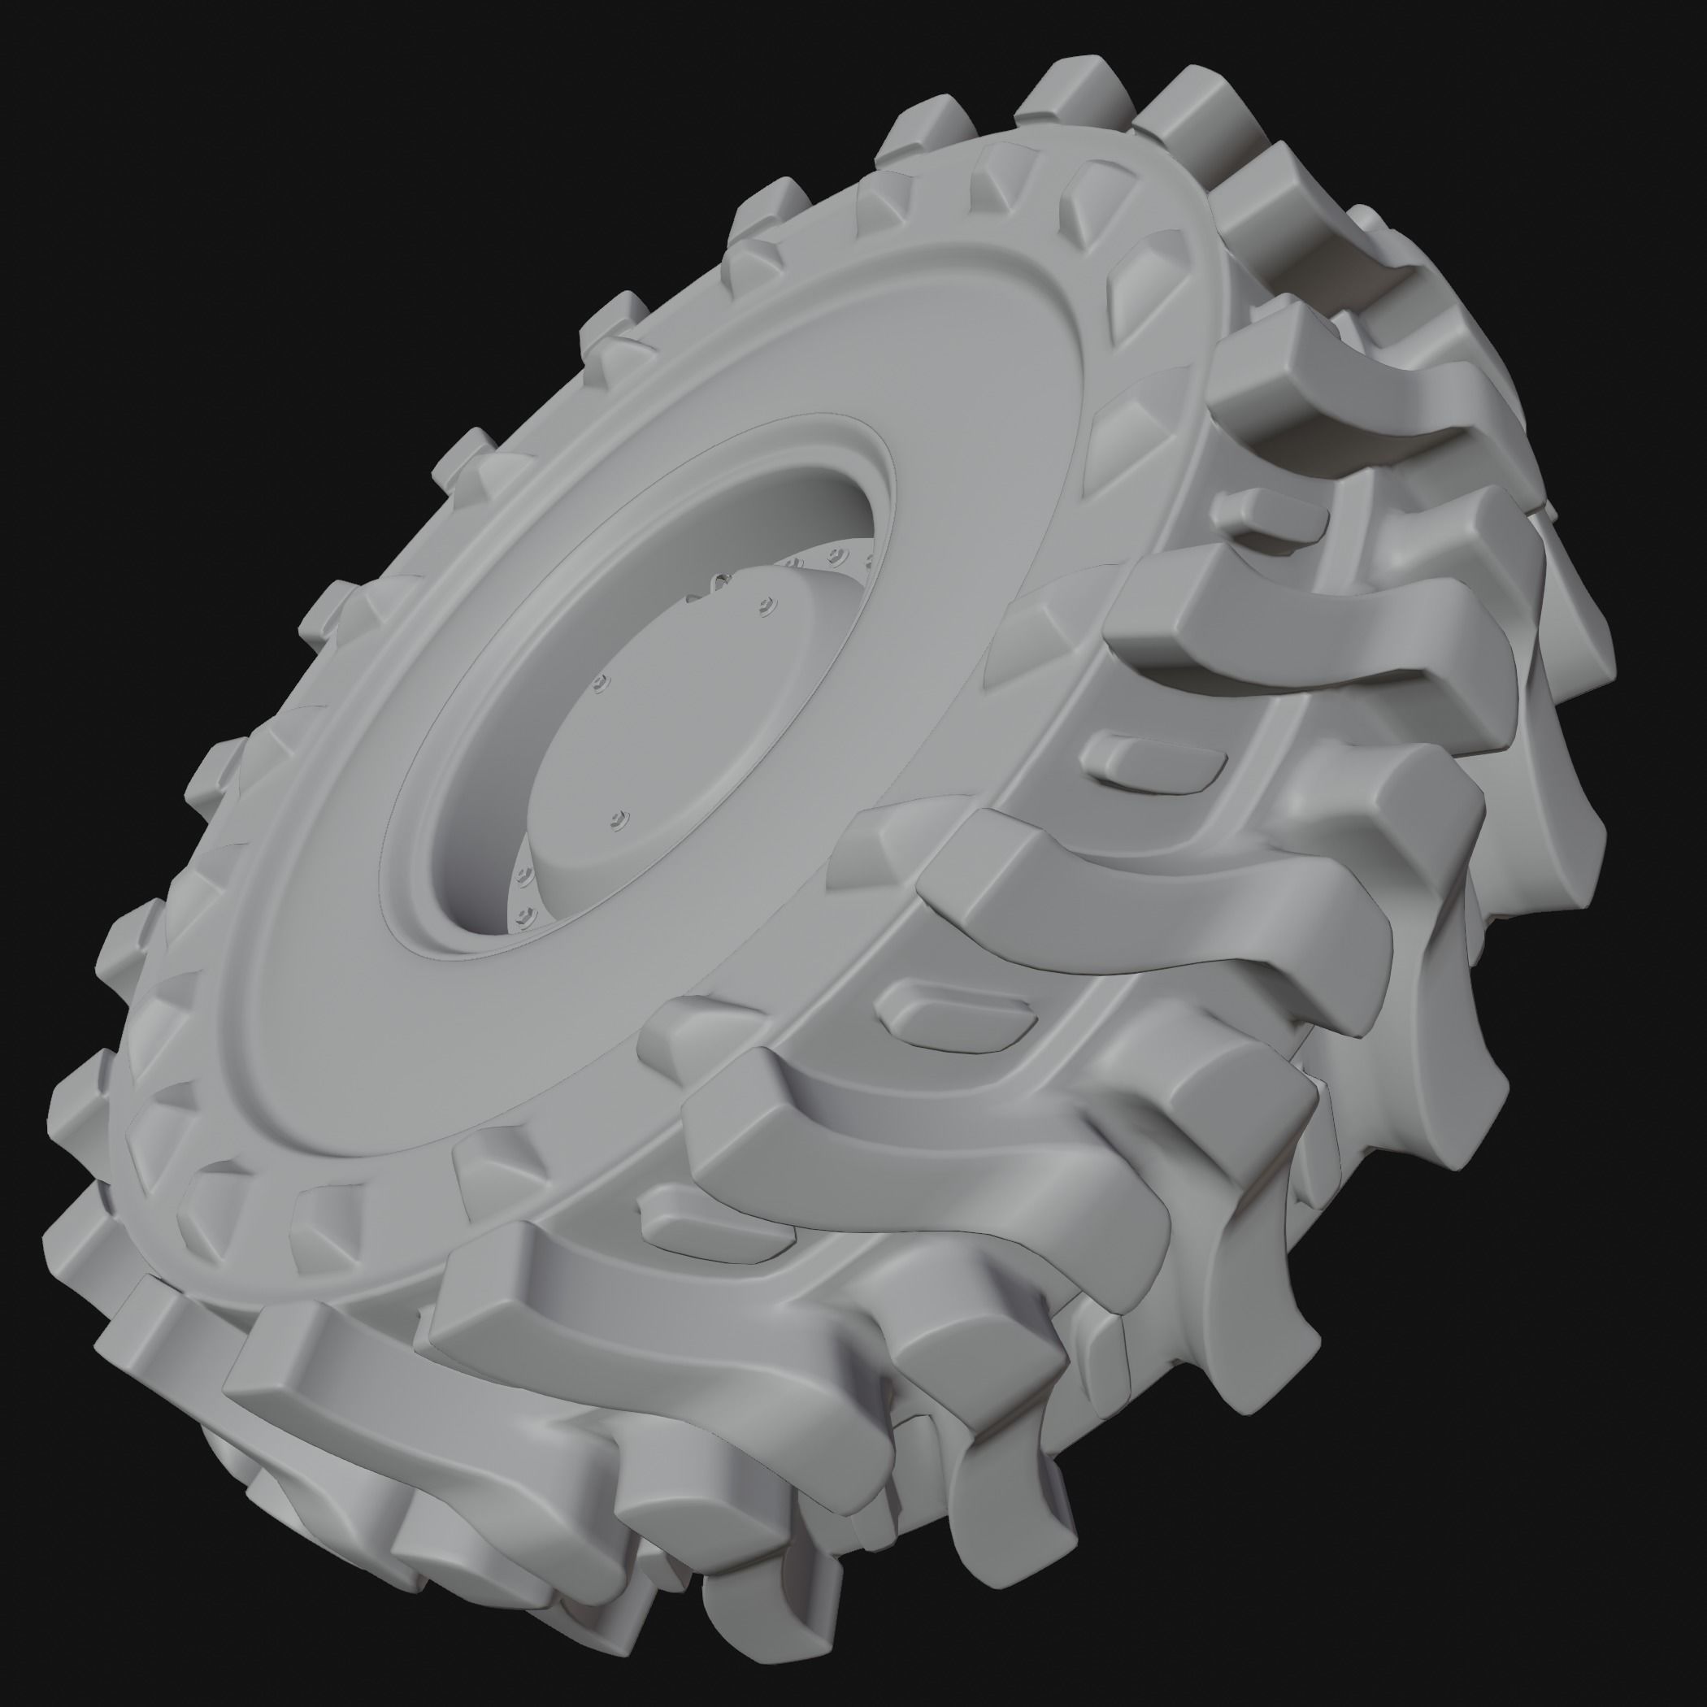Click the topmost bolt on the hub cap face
click(x=765, y=604)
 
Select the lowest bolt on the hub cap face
click(x=618, y=820)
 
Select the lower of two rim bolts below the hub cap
click(x=528, y=910)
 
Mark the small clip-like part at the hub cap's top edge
click(x=720, y=581)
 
